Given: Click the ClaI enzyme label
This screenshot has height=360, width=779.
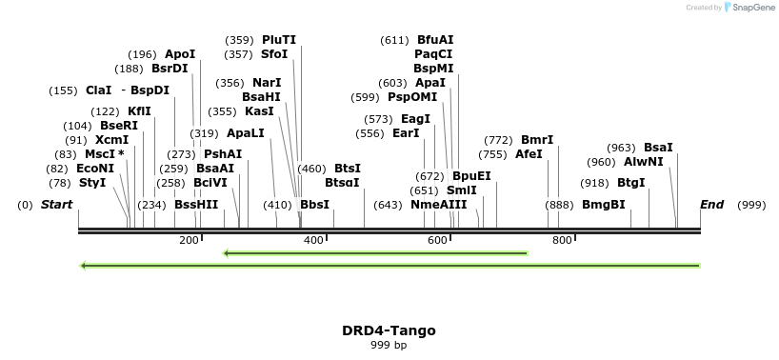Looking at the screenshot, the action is (98, 90).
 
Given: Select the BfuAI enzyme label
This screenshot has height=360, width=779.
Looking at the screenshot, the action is (435, 40).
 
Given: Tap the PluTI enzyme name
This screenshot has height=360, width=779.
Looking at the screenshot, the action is (279, 40).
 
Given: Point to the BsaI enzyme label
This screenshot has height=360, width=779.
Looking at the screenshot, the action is (658, 148).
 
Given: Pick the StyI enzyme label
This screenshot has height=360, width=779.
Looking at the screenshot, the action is (92, 182).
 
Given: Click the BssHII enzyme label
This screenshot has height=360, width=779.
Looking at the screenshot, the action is (196, 205).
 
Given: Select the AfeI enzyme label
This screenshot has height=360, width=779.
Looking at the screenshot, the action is (529, 154).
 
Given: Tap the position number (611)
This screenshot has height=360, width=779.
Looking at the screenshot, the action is (394, 40).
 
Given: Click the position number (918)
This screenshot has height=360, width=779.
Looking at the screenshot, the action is (595, 183).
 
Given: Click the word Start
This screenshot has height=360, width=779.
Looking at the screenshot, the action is (56, 205).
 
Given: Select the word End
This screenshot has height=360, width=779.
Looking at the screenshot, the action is (711, 205).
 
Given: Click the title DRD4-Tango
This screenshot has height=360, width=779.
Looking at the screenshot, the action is (389, 330).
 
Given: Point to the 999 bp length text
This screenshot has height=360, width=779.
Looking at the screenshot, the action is (389, 345).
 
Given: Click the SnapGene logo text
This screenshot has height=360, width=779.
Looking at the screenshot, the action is (752, 8).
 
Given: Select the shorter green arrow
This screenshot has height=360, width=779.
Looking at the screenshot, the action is (375, 253).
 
